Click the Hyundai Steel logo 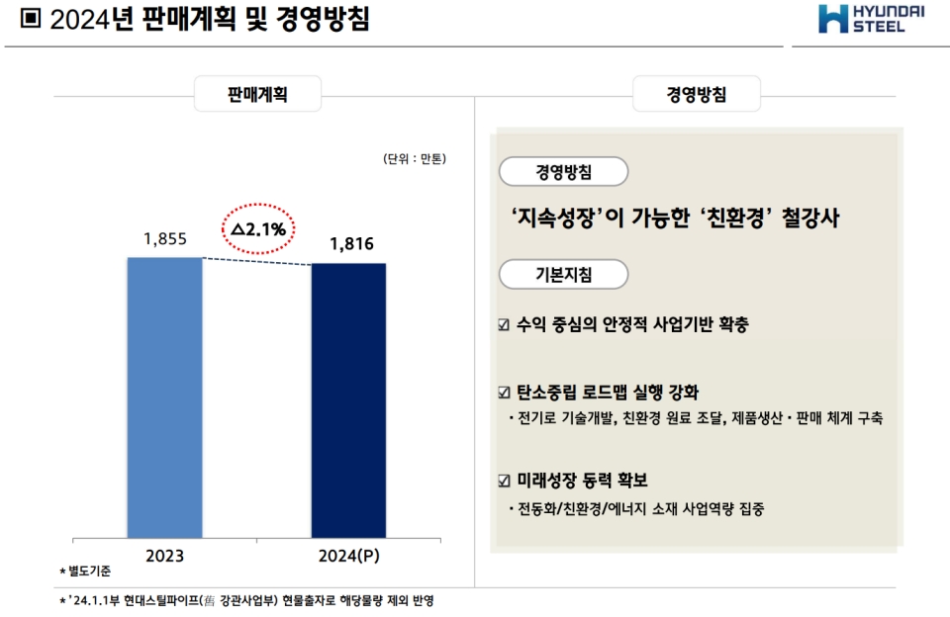coord(870,19)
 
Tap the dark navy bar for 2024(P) coord(348,400)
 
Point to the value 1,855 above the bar coord(164,238)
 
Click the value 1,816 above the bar coord(352,244)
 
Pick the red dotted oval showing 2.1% coord(257,229)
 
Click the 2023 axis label coord(164,557)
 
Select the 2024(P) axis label coord(348,557)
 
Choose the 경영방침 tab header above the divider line coord(697,96)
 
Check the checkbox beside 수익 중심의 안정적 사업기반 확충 coord(505,325)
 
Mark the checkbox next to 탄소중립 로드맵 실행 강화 coord(505,392)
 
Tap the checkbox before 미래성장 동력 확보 coord(505,482)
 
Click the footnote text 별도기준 coord(88,573)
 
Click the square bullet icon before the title coord(30,20)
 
